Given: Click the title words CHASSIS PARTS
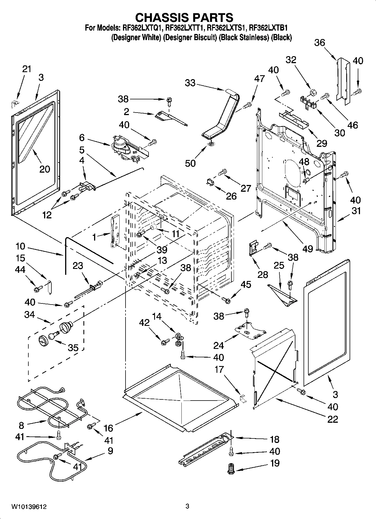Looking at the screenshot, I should pyautogui.click(x=184, y=18).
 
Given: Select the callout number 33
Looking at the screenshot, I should pyautogui.click(x=190, y=83).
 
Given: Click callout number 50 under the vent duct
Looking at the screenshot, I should pyautogui.click(x=190, y=163).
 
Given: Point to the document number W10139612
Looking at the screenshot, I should pyautogui.click(x=29, y=507).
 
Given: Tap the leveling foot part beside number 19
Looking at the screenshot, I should pyautogui.click(x=231, y=469).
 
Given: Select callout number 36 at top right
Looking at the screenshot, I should pyautogui.click(x=320, y=43).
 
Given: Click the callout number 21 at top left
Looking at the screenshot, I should pyautogui.click(x=27, y=69).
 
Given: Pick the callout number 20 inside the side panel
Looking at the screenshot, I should pyautogui.click(x=44, y=169).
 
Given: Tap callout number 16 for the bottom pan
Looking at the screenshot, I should pyautogui.click(x=108, y=428).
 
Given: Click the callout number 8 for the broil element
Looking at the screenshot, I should pyautogui.click(x=22, y=426).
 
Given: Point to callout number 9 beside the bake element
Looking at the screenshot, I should pyautogui.click(x=110, y=451).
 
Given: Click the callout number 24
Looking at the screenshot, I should pyautogui.click(x=218, y=345).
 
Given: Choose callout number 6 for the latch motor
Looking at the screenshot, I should pyautogui.click(x=82, y=138).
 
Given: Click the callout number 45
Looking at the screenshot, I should pyautogui.click(x=246, y=285).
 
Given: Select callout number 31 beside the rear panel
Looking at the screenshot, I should pyautogui.click(x=356, y=211).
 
